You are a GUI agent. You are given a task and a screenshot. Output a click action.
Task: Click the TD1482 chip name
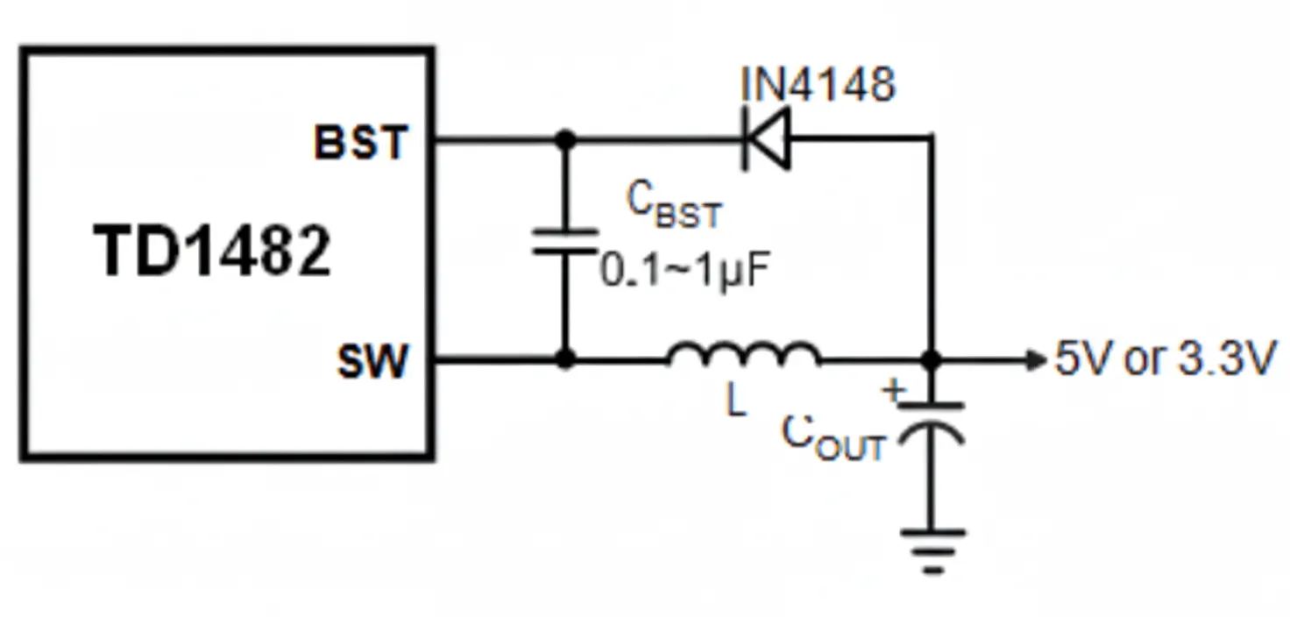pos(213,252)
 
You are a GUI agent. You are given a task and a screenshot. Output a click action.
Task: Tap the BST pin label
pos(361,142)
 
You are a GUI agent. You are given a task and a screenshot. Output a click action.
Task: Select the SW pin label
pos(372,361)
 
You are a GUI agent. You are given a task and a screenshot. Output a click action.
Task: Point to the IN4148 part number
pos(818,85)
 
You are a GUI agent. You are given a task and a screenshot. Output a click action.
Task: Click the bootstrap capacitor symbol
pos(566,242)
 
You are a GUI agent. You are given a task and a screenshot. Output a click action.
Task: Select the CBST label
pos(673,205)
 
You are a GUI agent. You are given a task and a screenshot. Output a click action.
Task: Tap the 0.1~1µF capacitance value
pos(684,272)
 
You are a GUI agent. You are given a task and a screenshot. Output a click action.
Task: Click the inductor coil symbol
pos(744,352)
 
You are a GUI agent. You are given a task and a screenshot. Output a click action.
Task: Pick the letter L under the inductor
pos(736,401)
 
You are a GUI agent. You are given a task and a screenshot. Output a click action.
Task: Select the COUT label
pos(833,437)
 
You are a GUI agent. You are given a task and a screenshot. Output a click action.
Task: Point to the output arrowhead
pos(1038,360)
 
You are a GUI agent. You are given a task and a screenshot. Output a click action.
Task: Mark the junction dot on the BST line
pos(566,139)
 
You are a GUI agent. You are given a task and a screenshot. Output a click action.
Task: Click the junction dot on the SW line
pos(566,359)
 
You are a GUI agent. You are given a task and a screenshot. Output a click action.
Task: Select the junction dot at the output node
pos(932,360)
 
